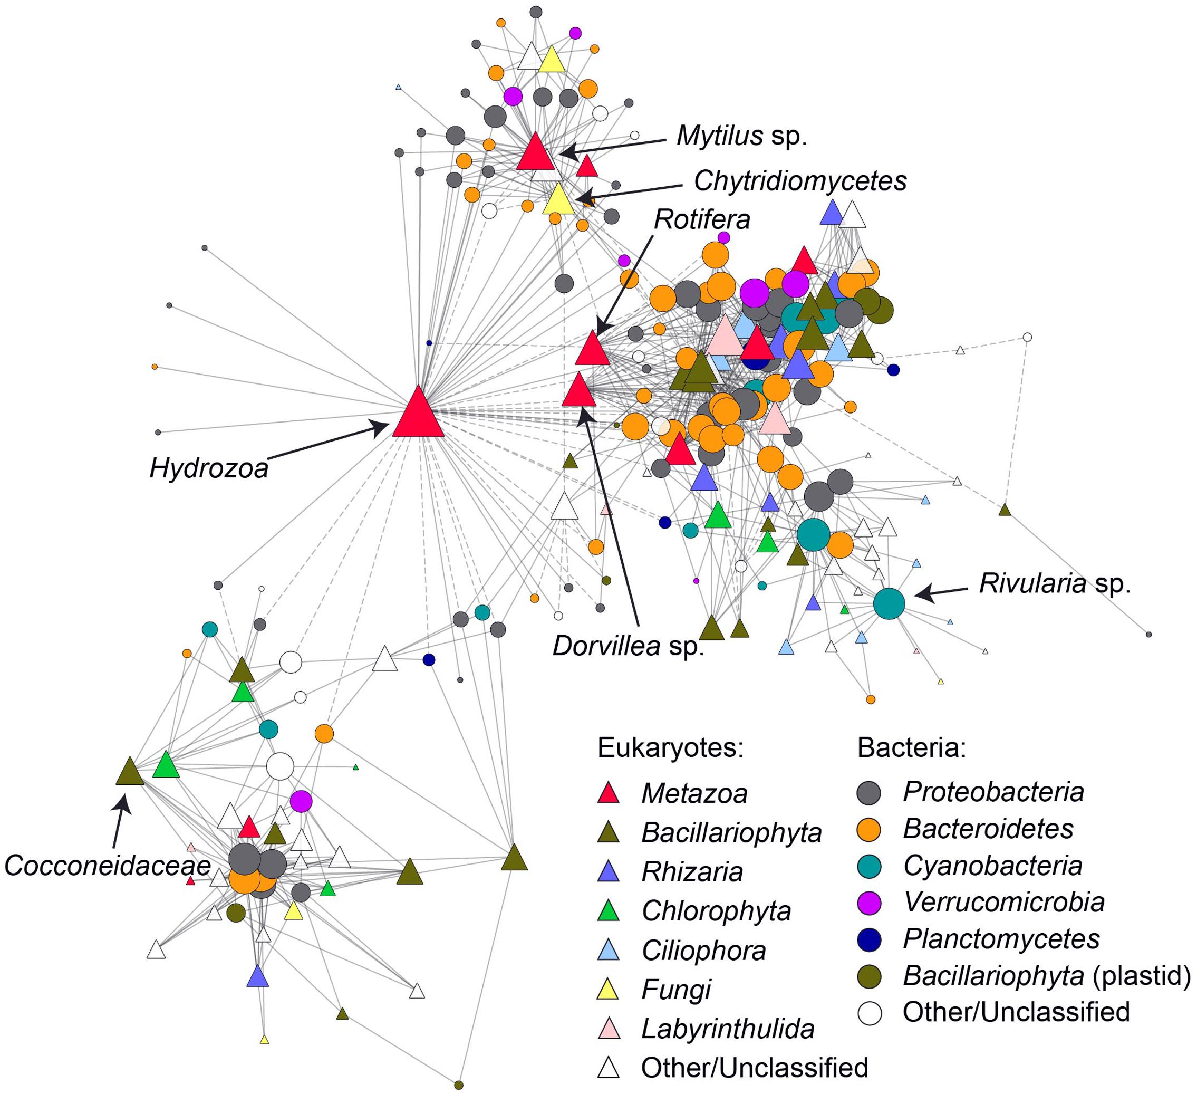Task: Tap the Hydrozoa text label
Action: (x=209, y=468)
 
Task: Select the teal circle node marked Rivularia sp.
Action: (x=889, y=603)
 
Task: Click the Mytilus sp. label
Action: (x=742, y=137)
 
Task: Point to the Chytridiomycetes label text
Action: (x=800, y=181)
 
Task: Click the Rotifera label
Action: (x=702, y=220)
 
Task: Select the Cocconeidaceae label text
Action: (x=108, y=866)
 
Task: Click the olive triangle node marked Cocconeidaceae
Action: (x=130, y=772)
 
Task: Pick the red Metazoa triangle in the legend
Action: (x=609, y=794)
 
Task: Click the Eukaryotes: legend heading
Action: (x=670, y=748)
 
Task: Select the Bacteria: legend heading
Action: (x=911, y=748)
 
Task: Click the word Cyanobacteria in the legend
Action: (x=993, y=866)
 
